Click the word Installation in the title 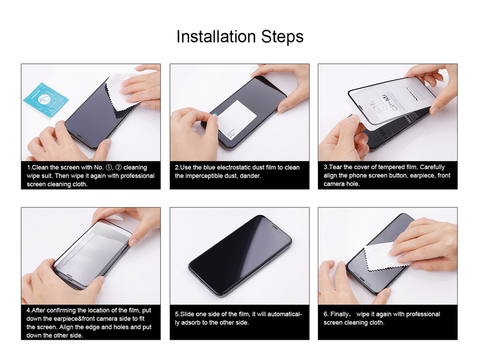[x=216, y=36]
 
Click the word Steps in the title [x=282, y=37]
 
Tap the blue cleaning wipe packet [x=46, y=100]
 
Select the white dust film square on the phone [x=236, y=119]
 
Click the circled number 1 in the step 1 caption [x=109, y=167]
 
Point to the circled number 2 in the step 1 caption [x=118, y=167]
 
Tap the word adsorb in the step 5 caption [x=191, y=322]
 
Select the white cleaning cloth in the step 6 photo [x=386, y=257]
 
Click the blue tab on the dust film [x=215, y=115]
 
